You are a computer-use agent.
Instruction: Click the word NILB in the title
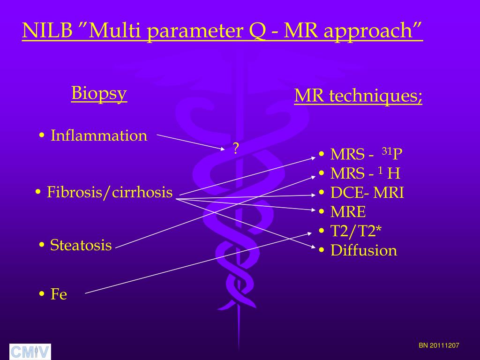[x=47, y=31]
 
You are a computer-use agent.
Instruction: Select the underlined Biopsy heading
[x=99, y=93]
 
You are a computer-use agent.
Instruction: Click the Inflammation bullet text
[x=98, y=136]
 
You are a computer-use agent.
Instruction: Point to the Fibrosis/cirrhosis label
[x=110, y=192]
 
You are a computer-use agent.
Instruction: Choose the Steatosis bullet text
[x=81, y=245]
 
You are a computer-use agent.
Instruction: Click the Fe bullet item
[x=59, y=294]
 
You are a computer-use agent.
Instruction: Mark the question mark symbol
[x=236, y=149]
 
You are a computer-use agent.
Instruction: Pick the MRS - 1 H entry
[x=365, y=174]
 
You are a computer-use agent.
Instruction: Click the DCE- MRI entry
[x=367, y=193]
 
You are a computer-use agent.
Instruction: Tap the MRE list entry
[x=348, y=212]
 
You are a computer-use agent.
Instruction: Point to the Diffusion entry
[x=363, y=250]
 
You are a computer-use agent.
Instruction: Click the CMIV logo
[x=30, y=352]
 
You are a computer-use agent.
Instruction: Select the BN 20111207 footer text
[x=439, y=345]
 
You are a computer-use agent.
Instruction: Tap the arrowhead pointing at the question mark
[x=223, y=149]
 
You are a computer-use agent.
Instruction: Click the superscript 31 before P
[x=387, y=150]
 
